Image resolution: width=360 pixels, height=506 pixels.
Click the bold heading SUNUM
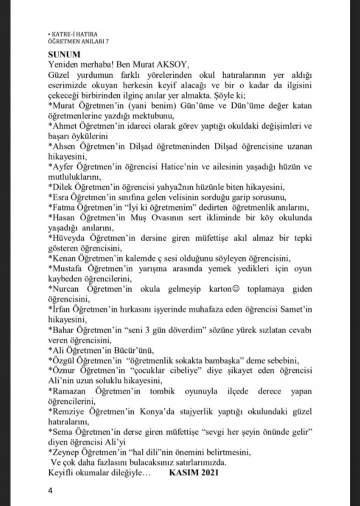pos(63,54)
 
